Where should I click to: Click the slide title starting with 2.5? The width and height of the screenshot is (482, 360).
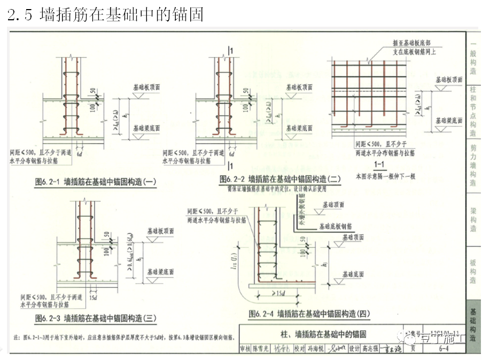pos(106,14)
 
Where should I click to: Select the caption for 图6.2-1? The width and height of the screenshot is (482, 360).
pos(95,182)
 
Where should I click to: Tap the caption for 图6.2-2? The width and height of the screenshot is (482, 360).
pos(279,179)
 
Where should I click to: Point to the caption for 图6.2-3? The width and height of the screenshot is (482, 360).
pos(95,319)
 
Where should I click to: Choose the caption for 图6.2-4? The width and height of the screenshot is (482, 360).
pos(310,314)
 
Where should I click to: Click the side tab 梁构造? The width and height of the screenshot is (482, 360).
pos(473,219)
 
